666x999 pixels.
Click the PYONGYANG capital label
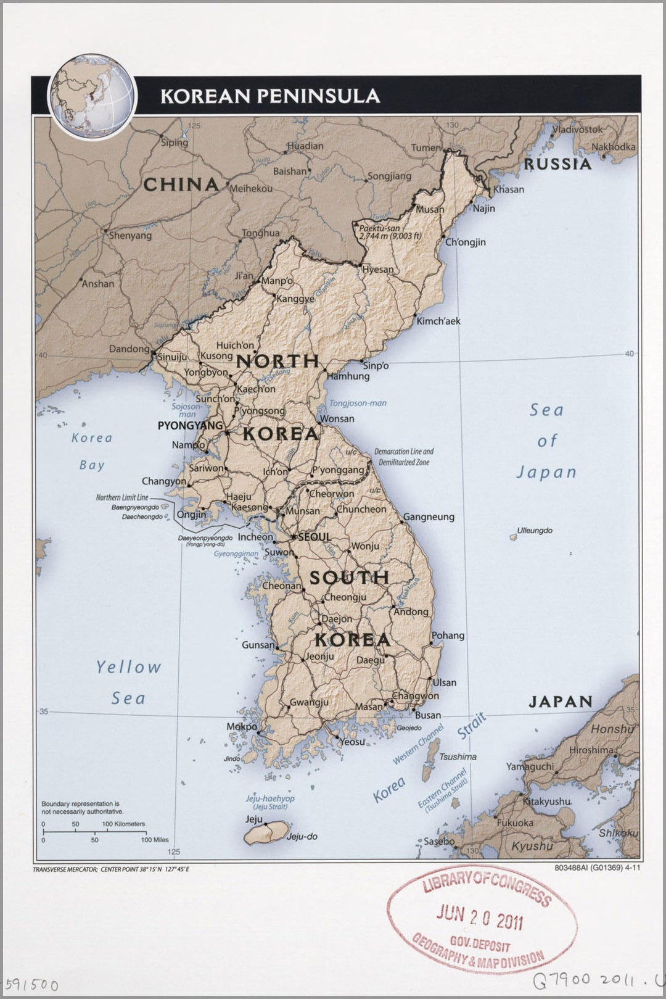pyautogui.click(x=190, y=426)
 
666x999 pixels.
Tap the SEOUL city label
pyautogui.click(x=314, y=537)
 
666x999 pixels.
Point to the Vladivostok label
pyautogui.click(x=577, y=130)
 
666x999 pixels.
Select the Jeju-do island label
pyautogui.click(x=302, y=837)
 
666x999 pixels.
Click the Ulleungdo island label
pyautogui.click(x=535, y=531)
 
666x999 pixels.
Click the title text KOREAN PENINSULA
pyautogui.click(x=270, y=96)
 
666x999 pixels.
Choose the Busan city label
pyautogui.click(x=427, y=715)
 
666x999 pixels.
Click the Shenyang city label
pyautogui.click(x=130, y=235)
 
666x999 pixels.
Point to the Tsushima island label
pyautogui.click(x=458, y=757)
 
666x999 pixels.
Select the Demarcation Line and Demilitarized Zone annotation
pyautogui.click(x=404, y=457)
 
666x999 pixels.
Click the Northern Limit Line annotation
pyautogui.click(x=121, y=497)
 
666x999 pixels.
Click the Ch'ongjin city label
pyautogui.click(x=466, y=242)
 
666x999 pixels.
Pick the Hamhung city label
pyautogui.click(x=348, y=376)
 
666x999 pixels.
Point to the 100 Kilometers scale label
pyautogui.click(x=123, y=824)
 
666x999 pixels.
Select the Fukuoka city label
pyautogui.click(x=515, y=823)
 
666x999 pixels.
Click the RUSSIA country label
pyautogui.click(x=557, y=164)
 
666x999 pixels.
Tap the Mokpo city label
pyautogui.click(x=242, y=727)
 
